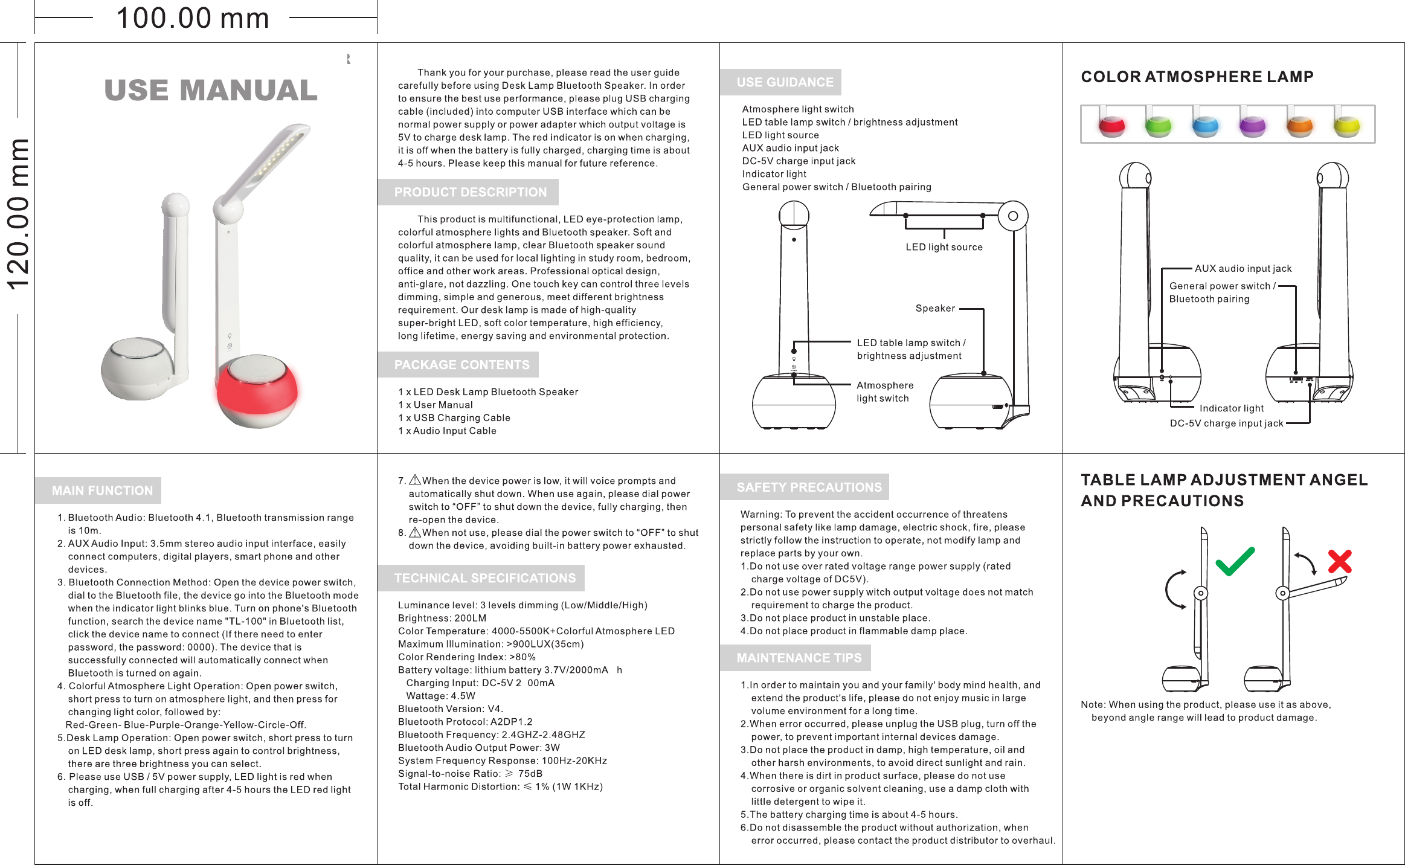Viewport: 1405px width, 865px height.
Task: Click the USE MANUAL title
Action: coord(211,91)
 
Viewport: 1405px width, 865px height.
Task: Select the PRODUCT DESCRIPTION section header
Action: coord(470,192)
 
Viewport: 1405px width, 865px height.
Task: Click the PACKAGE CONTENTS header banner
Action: coord(461,365)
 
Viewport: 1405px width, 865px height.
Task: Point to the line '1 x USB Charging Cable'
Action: coord(454,418)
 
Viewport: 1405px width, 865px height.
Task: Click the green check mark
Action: coord(1235,561)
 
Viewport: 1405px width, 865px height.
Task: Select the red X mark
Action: coord(1340,562)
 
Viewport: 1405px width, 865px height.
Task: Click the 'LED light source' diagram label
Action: coord(944,247)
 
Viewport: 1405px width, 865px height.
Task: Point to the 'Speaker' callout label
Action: coord(935,309)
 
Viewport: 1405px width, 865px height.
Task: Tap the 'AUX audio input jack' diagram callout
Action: coord(1243,269)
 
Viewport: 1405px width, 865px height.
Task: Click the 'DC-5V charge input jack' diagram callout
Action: coord(1226,423)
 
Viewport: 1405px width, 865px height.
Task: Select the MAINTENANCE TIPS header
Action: coord(799,658)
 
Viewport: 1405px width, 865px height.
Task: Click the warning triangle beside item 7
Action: coord(415,480)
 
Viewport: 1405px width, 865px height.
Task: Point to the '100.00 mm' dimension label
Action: coord(193,18)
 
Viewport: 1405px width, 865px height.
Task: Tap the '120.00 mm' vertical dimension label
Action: coord(18,214)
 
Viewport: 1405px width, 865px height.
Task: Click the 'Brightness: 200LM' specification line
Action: coord(442,618)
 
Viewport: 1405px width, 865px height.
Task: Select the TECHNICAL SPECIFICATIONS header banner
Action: coord(484,578)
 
